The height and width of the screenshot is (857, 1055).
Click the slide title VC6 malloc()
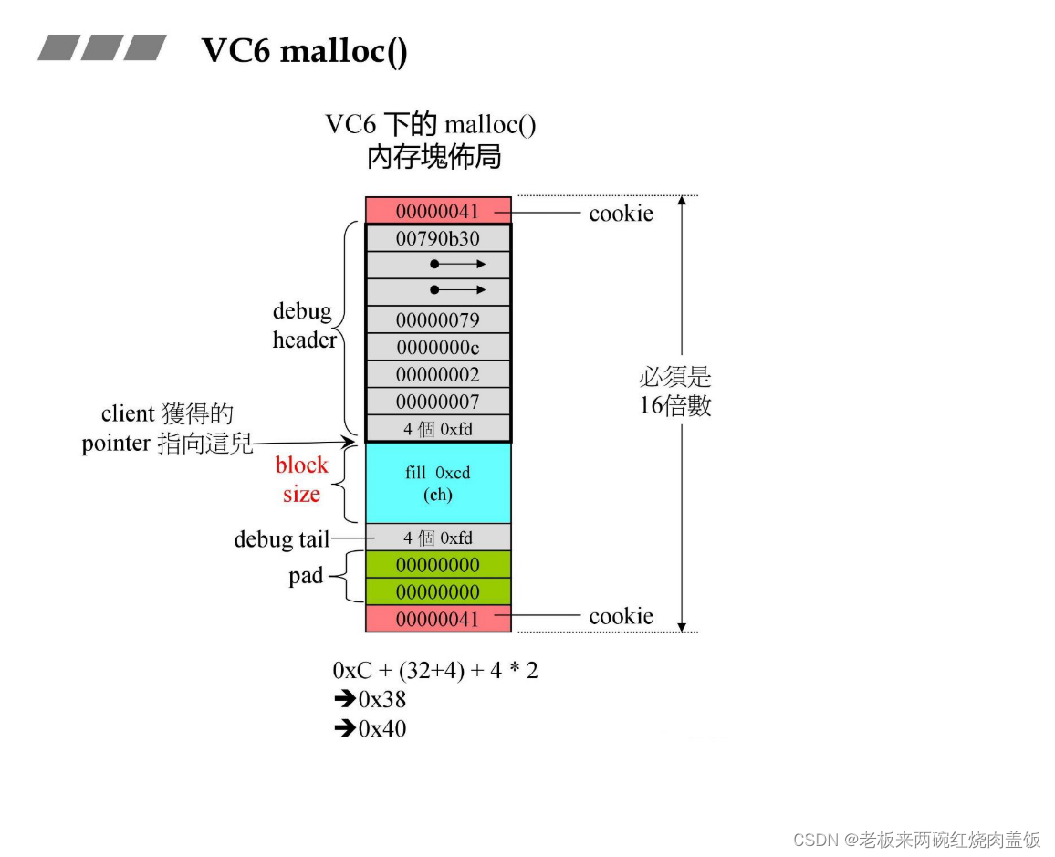click(304, 50)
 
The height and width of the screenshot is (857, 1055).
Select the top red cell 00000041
click(438, 211)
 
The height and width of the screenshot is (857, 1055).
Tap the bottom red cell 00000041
click(438, 619)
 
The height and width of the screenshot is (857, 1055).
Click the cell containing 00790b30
click(438, 238)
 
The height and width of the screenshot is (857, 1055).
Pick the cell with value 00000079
click(438, 320)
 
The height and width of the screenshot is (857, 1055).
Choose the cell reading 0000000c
click(438, 348)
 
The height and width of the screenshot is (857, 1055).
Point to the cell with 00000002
click(438, 374)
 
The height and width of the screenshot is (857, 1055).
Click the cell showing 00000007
click(438, 402)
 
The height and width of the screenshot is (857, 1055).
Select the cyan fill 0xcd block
click(438, 483)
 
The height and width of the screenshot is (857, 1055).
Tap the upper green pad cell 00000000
click(438, 564)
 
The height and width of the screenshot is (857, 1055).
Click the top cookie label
click(621, 213)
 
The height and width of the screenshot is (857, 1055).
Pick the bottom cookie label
click(621, 616)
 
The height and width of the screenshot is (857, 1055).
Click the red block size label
click(301, 479)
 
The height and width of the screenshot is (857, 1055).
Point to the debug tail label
click(281, 539)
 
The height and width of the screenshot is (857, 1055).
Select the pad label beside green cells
click(306, 576)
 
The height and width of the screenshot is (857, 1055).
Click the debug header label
click(304, 326)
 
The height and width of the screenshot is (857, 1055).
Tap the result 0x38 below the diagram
click(381, 700)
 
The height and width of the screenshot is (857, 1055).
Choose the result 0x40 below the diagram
click(381, 728)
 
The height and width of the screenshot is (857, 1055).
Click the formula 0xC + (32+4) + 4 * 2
click(435, 670)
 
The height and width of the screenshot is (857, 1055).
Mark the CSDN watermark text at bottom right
click(916, 840)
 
